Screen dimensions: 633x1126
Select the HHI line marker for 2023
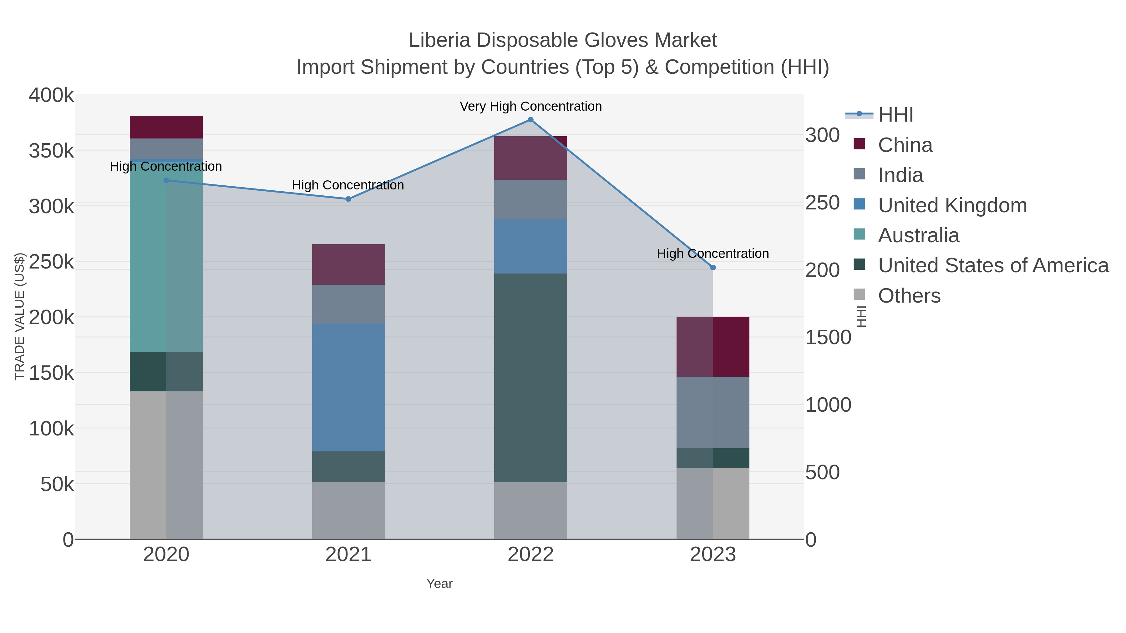coord(713,267)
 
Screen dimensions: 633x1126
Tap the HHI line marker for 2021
coord(348,199)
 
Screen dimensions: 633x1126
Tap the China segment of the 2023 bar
coord(713,346)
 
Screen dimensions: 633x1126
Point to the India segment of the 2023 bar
coord(713,412)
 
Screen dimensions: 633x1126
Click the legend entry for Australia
coord(918,235)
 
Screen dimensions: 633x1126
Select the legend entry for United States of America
coord(993,266)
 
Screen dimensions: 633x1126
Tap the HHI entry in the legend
coord(895,115)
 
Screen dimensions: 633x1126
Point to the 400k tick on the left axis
coord(51,95)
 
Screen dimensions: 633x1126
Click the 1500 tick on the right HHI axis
coord(828,338)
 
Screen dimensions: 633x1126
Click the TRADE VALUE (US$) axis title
coord(20,316)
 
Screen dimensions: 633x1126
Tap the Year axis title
coord(439,584)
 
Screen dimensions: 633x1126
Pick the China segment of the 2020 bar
coord(166,127)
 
